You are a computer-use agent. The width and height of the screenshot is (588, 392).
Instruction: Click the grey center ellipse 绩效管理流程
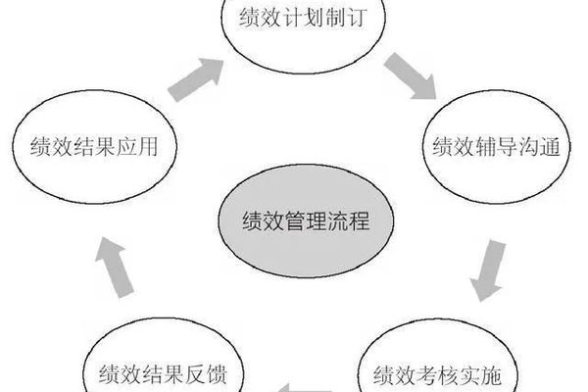(x=293, y=221)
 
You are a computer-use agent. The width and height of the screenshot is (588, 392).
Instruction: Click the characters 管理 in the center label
(x=293, y=221)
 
